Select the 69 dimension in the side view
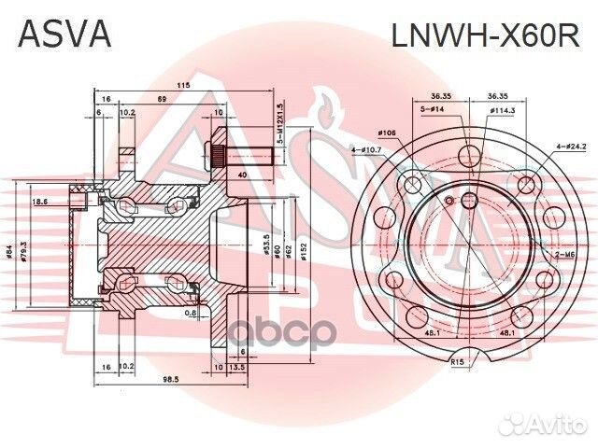162,98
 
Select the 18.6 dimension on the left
40,202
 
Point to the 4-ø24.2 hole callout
570,147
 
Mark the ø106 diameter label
389,133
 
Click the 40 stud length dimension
243,174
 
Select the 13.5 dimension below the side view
237,368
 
